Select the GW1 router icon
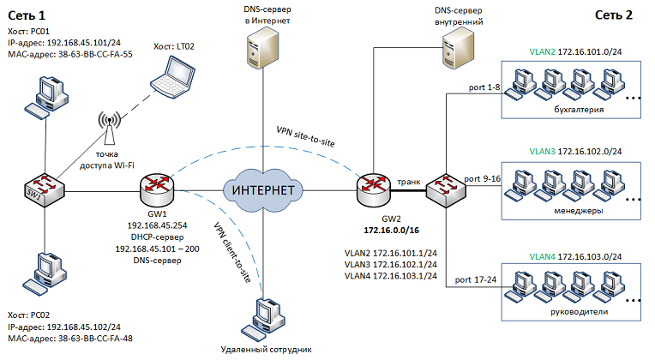click(x=159, y=188)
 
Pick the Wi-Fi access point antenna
click(x=108, y=126)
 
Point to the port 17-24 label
click(x=477, y=279)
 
